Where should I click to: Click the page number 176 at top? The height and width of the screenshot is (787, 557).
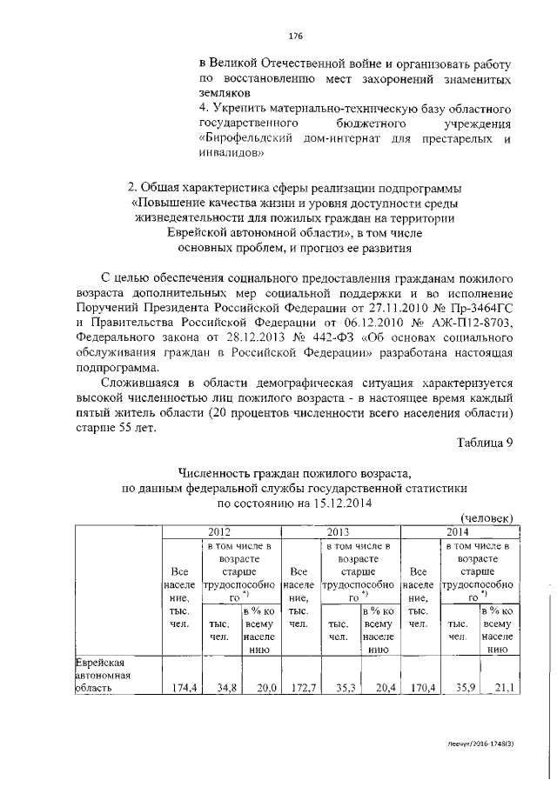click(294, 37)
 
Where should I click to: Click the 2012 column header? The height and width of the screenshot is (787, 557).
click(221, 531)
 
